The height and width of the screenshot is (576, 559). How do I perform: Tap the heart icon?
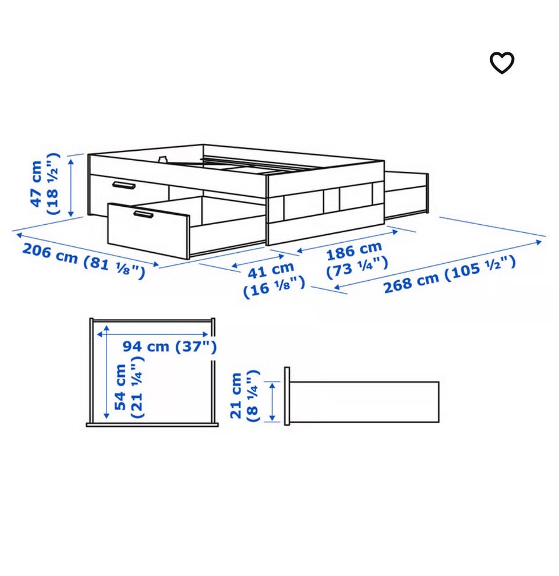[502, 63]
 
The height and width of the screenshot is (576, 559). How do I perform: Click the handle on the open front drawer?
[143, 214]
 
